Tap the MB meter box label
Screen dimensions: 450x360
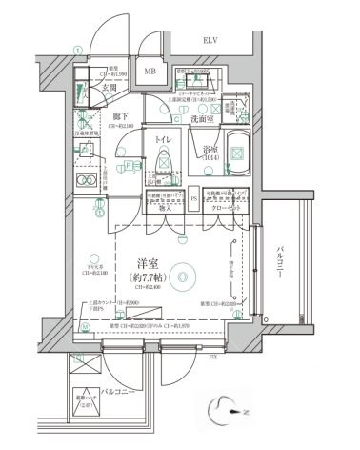[x=150, y=72]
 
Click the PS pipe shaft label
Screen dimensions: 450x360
[x=194, y=199]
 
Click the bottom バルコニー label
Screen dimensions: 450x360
[x=115, y=392]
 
